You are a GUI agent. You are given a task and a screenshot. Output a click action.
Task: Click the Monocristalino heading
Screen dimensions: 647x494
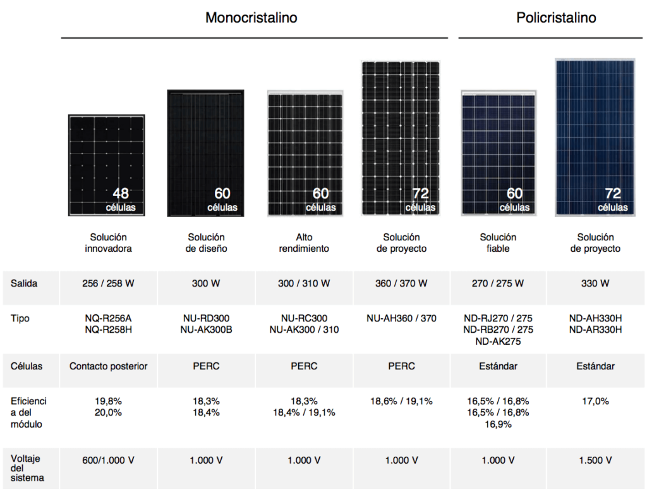[x=251, y=17]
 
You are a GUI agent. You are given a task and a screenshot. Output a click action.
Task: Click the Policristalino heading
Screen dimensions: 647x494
[x=556, y=17]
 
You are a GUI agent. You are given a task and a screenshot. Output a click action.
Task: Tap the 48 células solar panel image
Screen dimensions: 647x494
[x=106, y=165]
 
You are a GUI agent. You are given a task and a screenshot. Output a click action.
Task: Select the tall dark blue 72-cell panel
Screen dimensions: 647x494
[x=595, y=137]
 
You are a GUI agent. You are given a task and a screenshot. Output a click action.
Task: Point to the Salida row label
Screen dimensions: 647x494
[x=24, y=283]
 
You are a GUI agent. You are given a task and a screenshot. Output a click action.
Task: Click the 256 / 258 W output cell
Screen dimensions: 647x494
[x=108, y=283]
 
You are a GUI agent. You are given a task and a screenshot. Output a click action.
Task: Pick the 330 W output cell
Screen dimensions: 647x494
[x=595, y=283]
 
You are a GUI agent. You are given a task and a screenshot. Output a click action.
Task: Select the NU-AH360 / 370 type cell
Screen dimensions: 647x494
[x=401, y=318]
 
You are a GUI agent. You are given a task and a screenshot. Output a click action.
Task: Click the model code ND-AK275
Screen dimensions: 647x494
[x=498, y=342]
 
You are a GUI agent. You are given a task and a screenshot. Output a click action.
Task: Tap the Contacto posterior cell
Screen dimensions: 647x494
[x=108, y=366]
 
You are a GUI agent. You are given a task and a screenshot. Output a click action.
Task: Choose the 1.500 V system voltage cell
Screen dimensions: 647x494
[x=595, y=460]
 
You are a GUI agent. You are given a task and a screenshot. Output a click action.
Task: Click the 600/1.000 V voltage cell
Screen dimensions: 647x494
[x=108, y=460]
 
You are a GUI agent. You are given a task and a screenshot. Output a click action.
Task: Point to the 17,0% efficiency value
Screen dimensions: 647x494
[x=595, y=401]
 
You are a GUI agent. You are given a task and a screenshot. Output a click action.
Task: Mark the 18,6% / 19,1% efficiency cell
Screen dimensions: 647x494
[x=401, y=401]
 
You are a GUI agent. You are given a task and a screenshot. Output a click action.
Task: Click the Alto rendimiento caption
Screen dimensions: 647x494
[x=304, y=243]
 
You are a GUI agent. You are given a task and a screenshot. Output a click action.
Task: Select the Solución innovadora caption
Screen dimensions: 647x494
[x=108, y=243]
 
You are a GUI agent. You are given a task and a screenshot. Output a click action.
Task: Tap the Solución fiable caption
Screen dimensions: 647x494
[x=498, y=243]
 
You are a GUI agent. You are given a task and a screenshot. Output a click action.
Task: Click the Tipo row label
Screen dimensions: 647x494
[x=20, y=318]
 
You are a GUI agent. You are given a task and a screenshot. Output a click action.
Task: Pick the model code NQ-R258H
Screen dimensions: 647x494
[x=108, y=330]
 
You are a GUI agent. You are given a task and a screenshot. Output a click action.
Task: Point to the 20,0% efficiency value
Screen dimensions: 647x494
[x=108, y=412]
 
